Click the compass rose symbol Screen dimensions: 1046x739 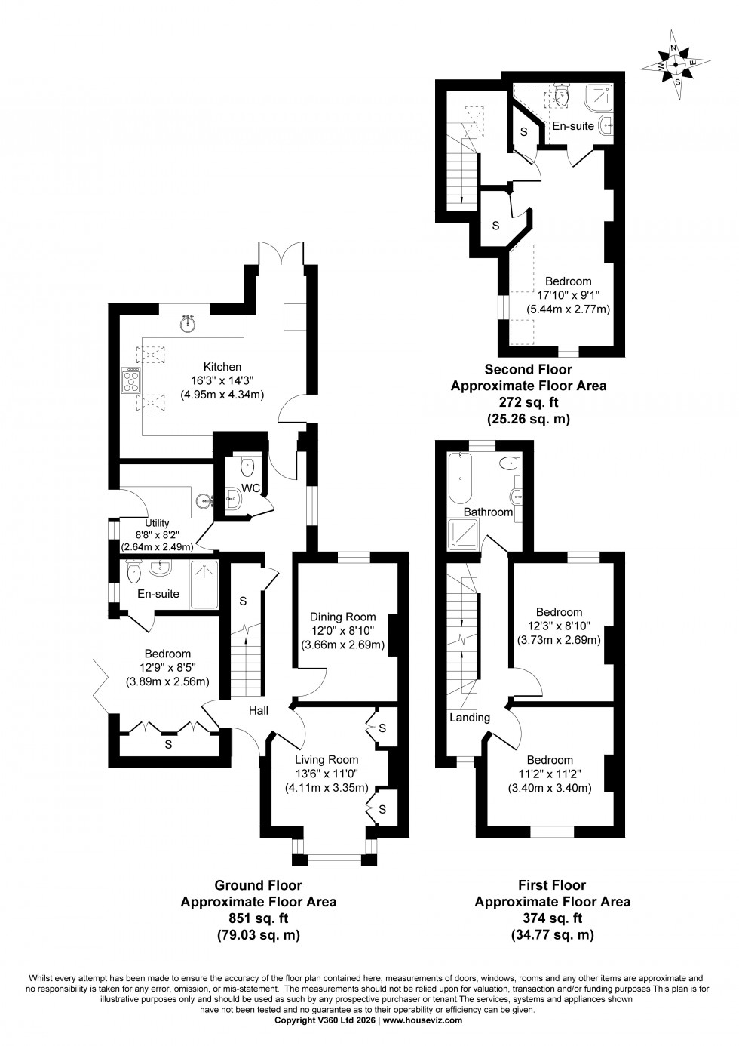677,65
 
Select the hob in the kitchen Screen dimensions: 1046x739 130,380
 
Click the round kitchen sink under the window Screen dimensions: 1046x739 189,325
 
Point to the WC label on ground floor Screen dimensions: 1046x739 250,488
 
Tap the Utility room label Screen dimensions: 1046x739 158,522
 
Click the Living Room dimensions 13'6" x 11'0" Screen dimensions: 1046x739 326,774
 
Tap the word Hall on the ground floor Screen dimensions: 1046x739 259,710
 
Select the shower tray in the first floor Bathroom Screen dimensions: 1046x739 461,535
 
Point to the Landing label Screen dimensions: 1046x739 470,718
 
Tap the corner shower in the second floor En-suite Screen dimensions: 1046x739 600,96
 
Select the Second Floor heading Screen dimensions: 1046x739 528,369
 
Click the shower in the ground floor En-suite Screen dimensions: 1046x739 204,583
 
